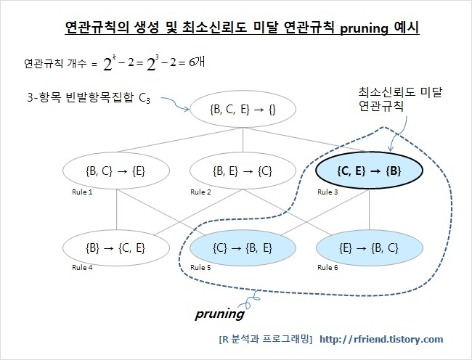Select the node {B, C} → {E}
(105, 171)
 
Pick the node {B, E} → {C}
(232, 171)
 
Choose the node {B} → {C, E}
(105, 247)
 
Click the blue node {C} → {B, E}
(232, 247)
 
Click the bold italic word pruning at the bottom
(220, 316)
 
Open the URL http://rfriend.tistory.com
(381, 339)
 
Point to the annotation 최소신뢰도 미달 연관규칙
(386, 99)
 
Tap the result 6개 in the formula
(195, 63)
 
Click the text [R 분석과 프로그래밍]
(265, 339)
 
